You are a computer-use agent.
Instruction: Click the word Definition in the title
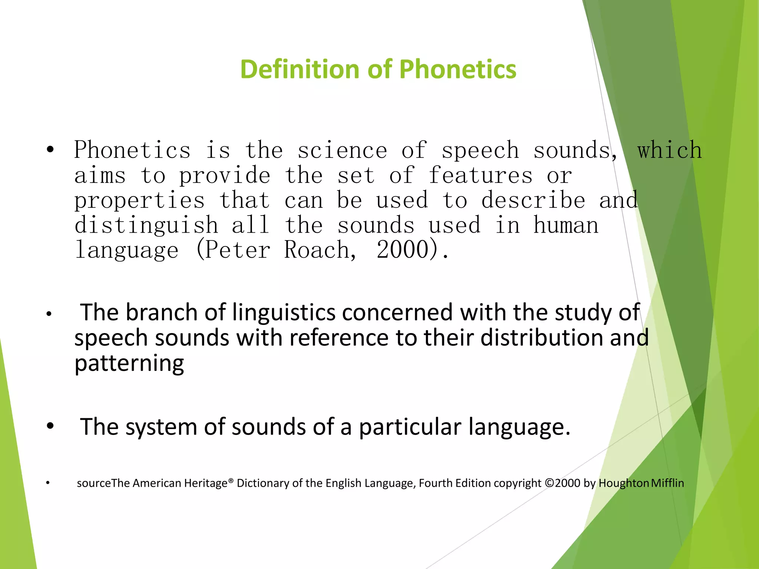(x=300, y=69)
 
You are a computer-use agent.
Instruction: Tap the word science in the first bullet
(x=342, y=150)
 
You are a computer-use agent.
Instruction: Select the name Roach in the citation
(x=317, y=250)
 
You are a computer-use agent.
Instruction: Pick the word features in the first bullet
(x=480, y=176)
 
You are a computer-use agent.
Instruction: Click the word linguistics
(x=284, y=312)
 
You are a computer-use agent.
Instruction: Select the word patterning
(x=129, y=363)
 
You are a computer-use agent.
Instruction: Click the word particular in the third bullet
(x=410, y=427)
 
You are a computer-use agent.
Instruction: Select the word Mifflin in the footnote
(x=667, y=483)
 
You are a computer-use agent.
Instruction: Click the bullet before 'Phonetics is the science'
(x=50, y=150)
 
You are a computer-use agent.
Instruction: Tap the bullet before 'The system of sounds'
(x=50, y=426)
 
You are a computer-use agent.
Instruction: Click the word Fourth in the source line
(x=436, y=483)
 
